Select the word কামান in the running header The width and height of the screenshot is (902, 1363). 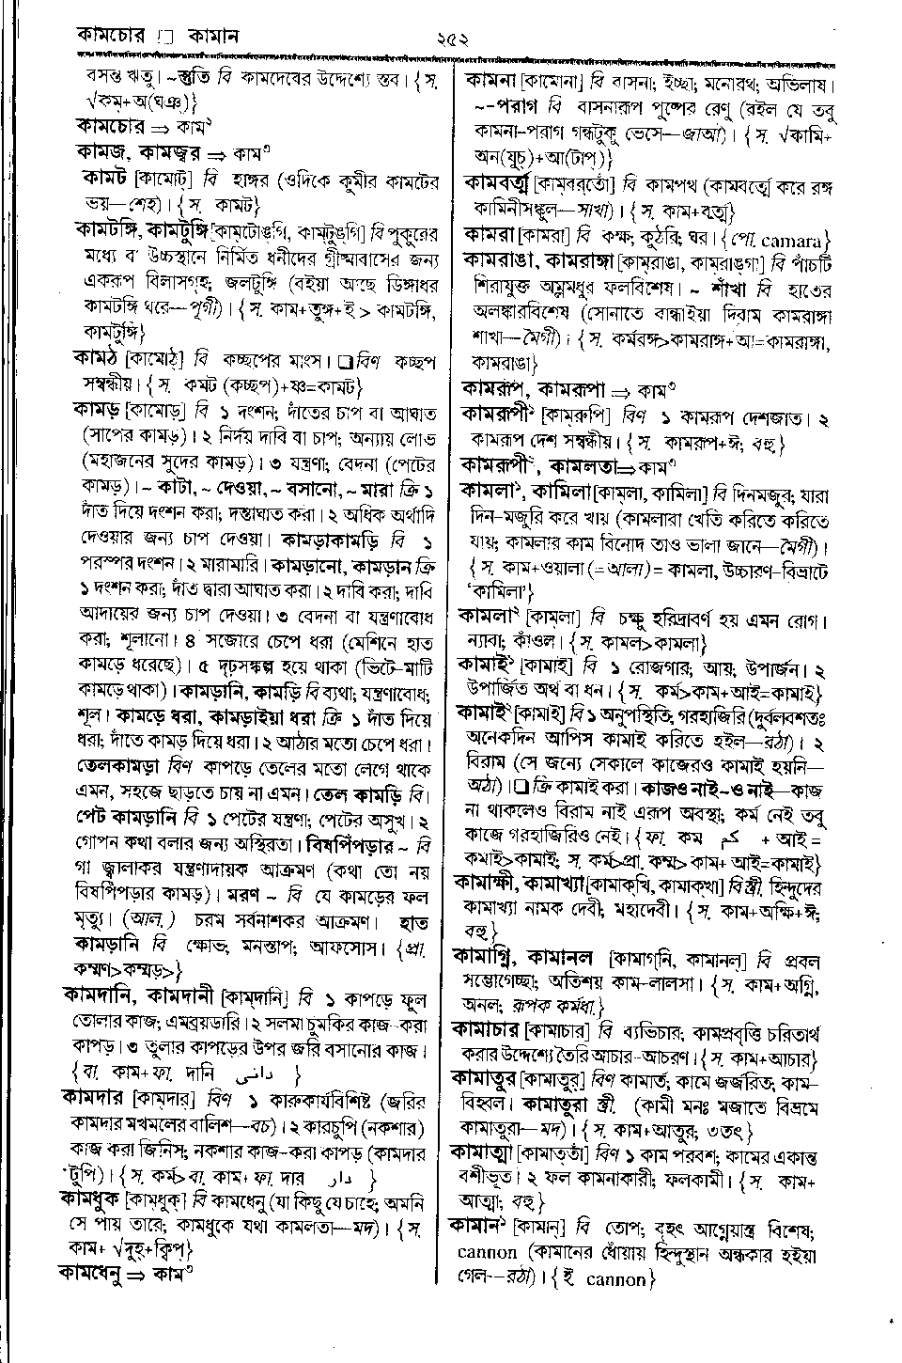213,38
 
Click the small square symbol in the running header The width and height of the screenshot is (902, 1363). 166,39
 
